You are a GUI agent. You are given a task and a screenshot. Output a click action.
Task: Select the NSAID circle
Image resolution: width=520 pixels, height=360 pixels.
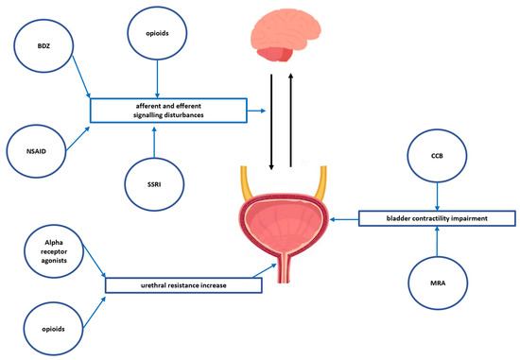click(33, 150)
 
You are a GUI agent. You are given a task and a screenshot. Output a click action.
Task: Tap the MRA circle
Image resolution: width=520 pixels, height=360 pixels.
click(437, 280)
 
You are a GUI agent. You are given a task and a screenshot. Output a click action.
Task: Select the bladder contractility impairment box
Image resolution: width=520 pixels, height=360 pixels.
click(437, 219)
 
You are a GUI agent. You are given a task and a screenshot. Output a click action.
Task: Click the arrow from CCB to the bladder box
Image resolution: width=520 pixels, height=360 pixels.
click(437, 197)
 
